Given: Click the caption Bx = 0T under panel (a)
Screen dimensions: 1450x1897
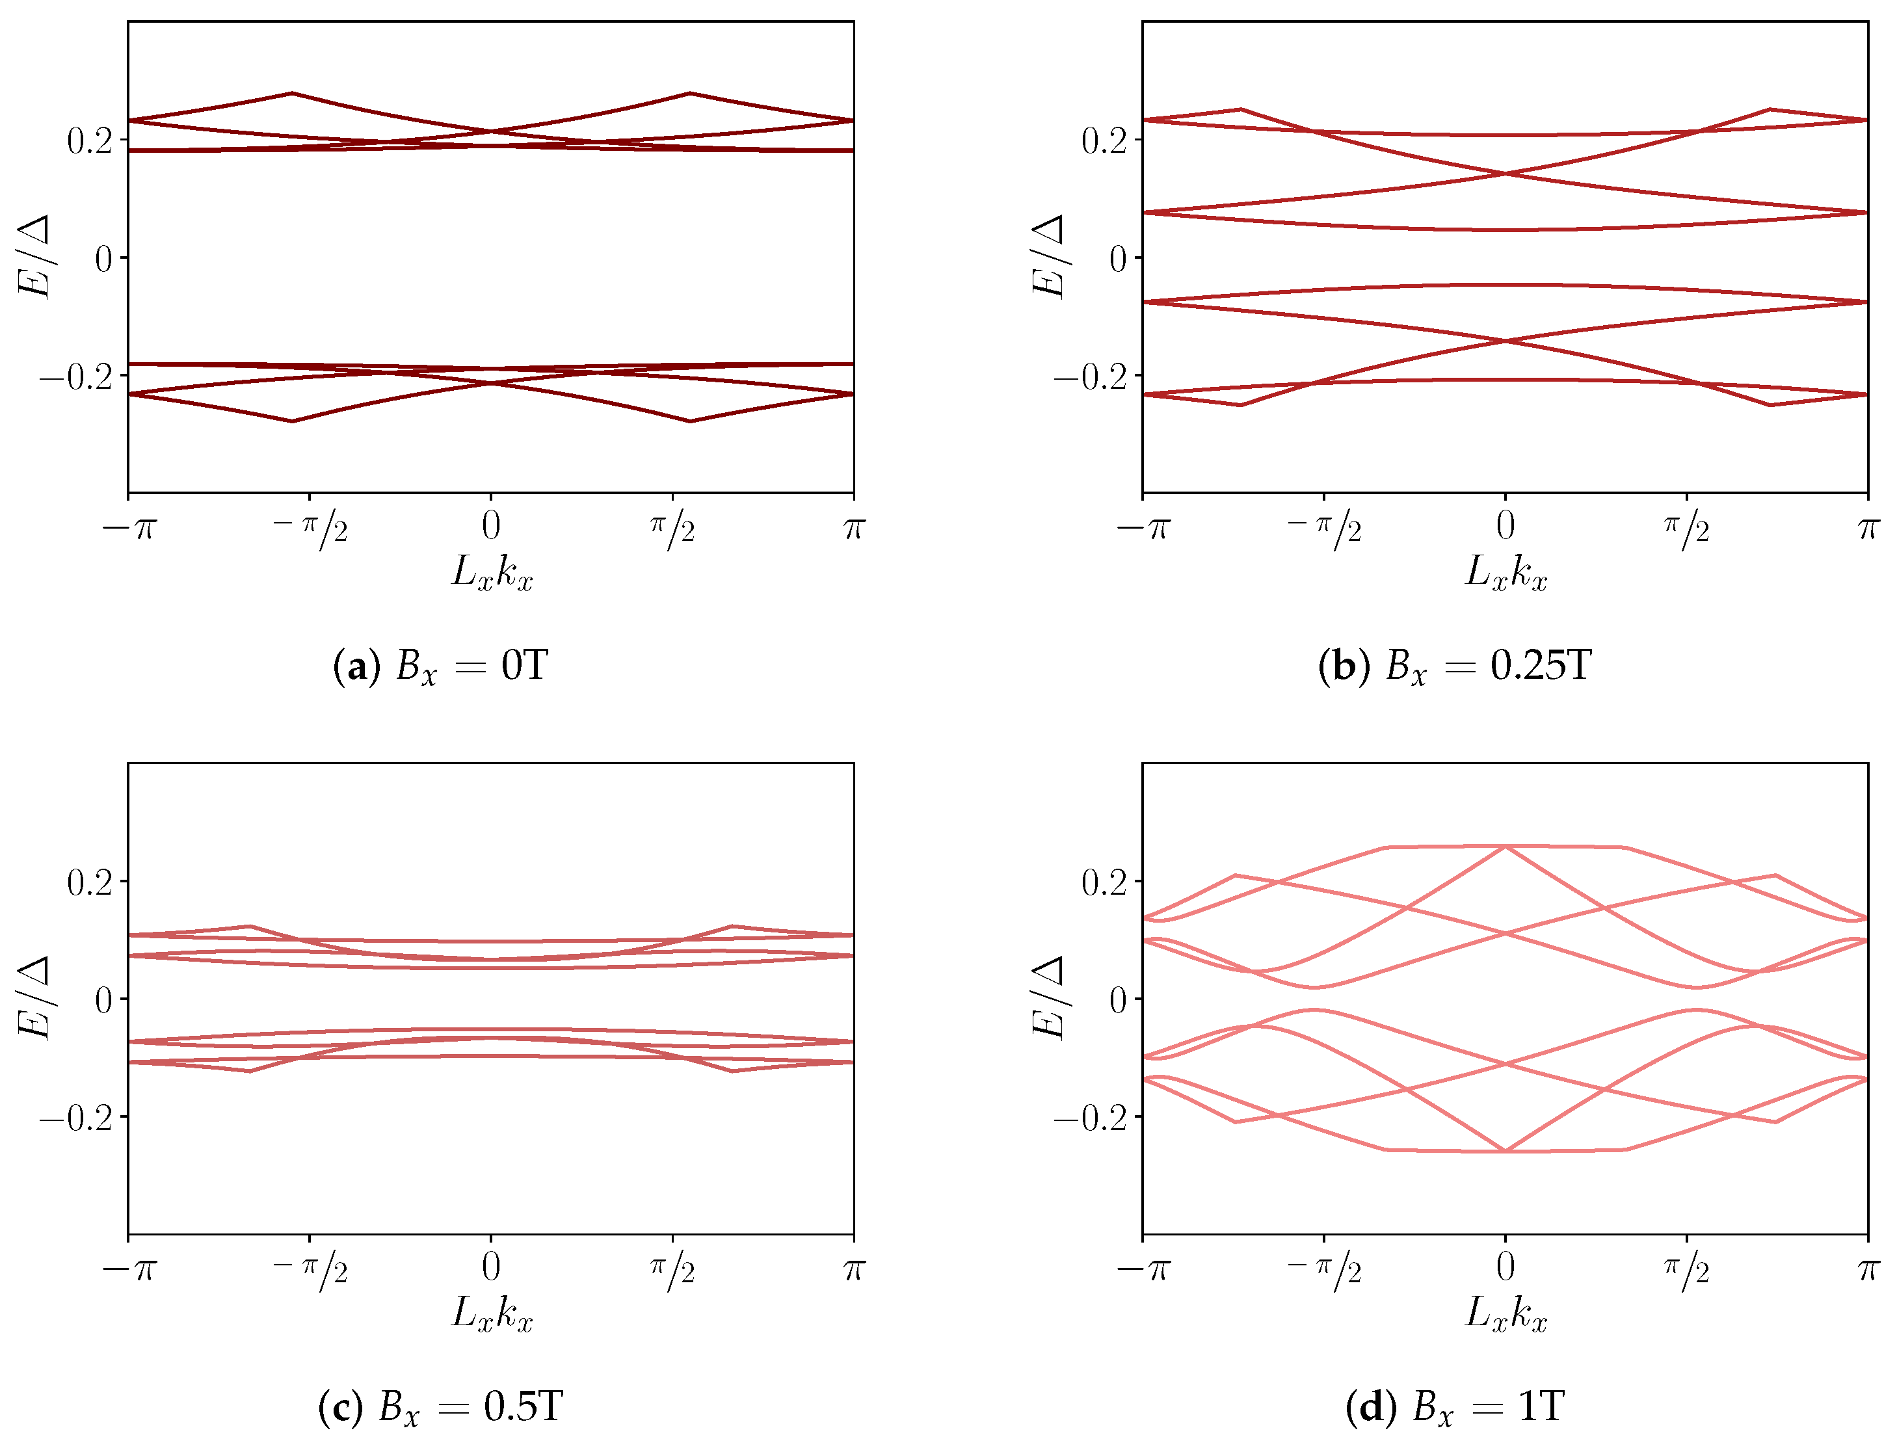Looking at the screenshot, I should (440, 666).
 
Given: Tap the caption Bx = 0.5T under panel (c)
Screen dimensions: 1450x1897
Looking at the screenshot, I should (440, 1408).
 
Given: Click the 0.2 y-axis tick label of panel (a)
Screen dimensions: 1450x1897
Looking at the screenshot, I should (90, 140).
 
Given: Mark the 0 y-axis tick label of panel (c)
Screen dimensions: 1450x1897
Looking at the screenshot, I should (103, 1000).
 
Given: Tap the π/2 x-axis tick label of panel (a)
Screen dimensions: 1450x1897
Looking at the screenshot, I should (672, 527).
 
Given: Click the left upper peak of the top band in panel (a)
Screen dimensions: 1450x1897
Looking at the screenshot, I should (293, 93).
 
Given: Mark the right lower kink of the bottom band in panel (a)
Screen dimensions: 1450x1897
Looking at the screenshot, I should (689, 421).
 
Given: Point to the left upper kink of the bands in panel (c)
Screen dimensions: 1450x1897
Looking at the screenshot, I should (250, 926).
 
